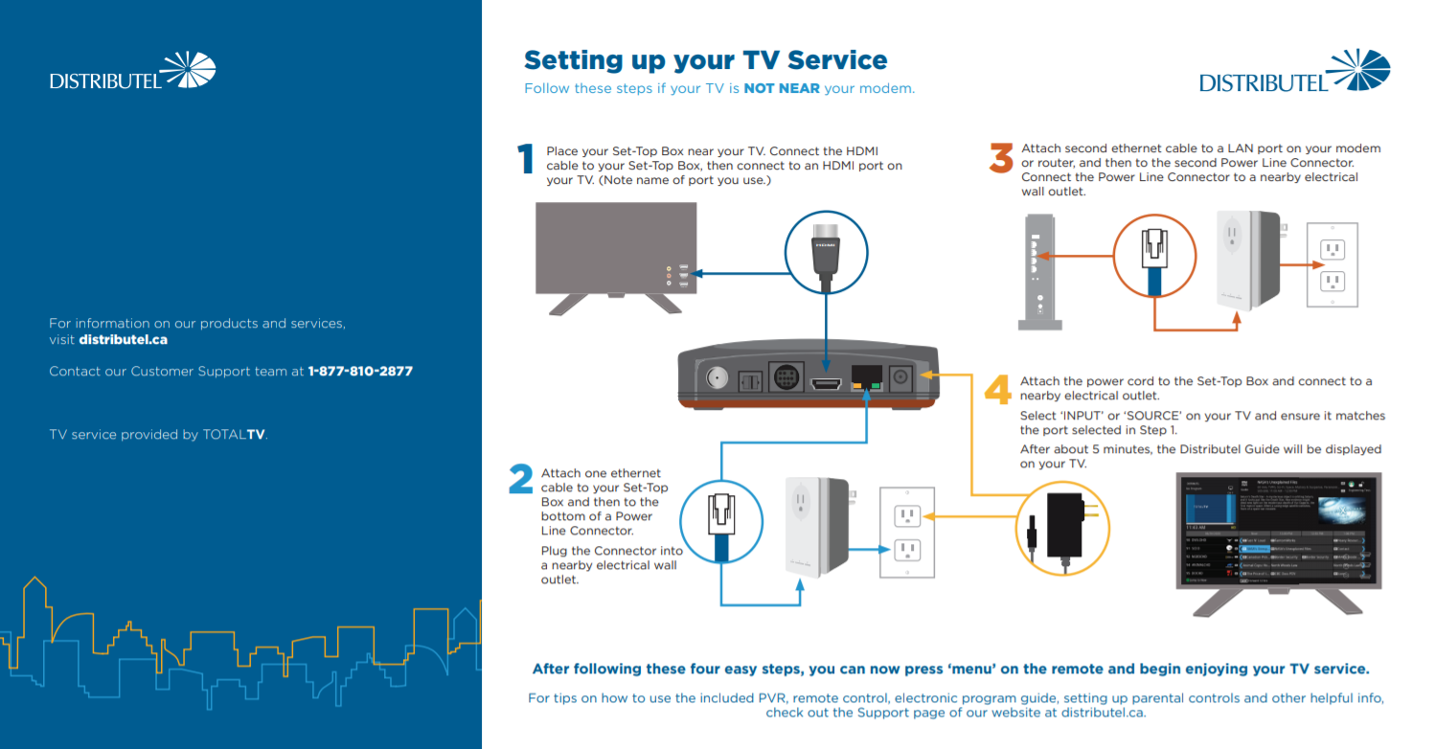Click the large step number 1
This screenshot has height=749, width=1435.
tap(524, 160)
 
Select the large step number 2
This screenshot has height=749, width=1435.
tap(521, 480)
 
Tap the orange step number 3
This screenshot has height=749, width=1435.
tap(1001, 158)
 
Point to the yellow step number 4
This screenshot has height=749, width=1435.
tap(998, 390)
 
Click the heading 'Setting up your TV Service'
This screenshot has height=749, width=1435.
tap(705, 60)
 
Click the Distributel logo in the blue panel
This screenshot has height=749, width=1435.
tap(132, 73)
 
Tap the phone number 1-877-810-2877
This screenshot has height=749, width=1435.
tap(360, 371)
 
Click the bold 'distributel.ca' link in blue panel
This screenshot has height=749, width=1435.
tap(124, 339)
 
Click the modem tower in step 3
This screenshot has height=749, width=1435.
tap(1034, 272)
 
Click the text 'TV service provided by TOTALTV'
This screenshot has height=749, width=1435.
tap(158, 435)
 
